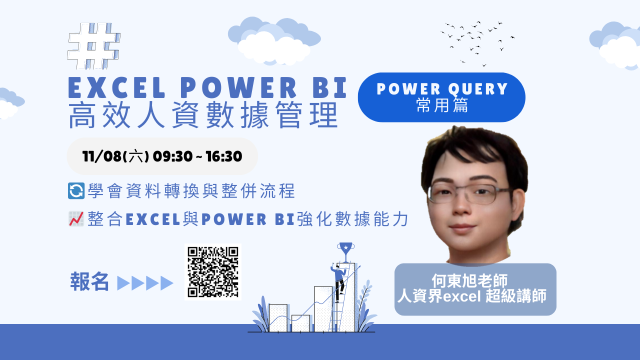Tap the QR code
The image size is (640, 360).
pyautogui.click(x=213, y=271)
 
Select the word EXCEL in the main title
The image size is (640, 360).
pyautogui.click(x=117, y=87)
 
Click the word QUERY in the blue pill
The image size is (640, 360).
pyautogui.click(x=478, y=89)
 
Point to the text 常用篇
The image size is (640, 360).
pyautogui.click(x=442, y=105)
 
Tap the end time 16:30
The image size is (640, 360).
pyautogui.click(x=223, y=156)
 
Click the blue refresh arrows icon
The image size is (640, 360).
pyautogui.click(x=76, y=190)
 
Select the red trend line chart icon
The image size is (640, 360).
pyautogui.click(x=76, y=219)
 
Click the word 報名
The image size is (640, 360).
pyautogui.click(x=89, y=281)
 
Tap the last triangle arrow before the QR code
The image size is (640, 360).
pyautogui.click(x=167, y=283)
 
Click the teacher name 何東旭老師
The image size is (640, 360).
pyautogui.click(x=469, y=280)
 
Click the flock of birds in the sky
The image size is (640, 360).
pyautogui.click(x=477, y=43)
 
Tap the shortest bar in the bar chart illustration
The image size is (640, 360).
pyautogui.click(x=300, y=323)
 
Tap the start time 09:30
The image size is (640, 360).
pyautogui.click(x=172, y=156)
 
